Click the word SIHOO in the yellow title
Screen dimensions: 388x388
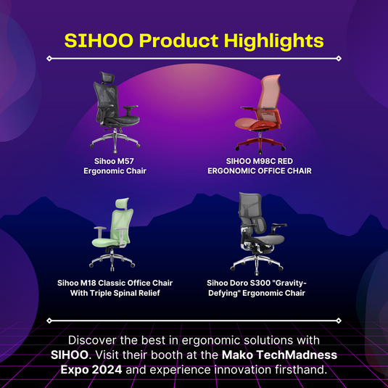99,41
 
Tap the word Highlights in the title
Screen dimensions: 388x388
274,41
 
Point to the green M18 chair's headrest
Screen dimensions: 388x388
123,204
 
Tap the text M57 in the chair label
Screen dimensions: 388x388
125,161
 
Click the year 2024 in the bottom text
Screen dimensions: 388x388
107,370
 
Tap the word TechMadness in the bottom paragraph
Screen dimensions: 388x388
297,355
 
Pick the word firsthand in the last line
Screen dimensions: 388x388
300,370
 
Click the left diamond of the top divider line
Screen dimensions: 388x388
49,59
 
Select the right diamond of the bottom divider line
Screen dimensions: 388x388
339,321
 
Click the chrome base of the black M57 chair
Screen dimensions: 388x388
115,141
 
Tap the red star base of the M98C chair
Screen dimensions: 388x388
260,146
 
